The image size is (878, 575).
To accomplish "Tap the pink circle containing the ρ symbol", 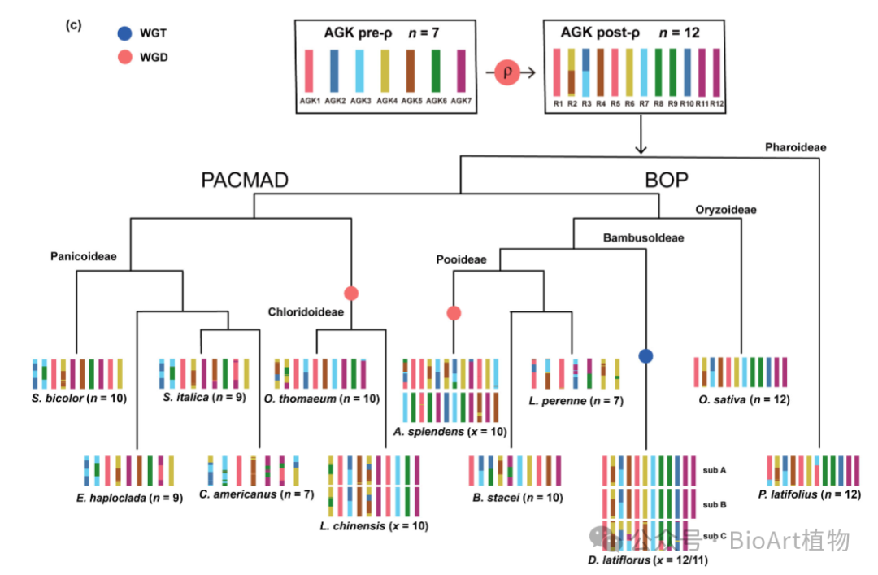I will pos(508,72).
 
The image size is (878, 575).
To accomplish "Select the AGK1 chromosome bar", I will pos(309,71).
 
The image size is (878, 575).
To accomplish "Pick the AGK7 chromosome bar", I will pos(461,71).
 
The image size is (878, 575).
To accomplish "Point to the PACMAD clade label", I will pos(245,181).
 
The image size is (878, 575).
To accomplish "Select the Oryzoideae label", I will pos(726,210).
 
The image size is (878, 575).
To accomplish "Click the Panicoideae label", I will pos(84,256).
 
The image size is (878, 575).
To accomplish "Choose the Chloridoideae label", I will pos(306,311).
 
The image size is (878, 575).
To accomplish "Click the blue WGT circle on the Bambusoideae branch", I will pos(646,355).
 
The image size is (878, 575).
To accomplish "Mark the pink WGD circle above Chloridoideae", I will pos(350,293).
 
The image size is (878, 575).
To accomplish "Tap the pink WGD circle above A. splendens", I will pos(454,313).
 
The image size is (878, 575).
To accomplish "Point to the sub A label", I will pos(715,469).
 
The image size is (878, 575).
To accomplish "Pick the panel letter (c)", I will pos(73,24).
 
